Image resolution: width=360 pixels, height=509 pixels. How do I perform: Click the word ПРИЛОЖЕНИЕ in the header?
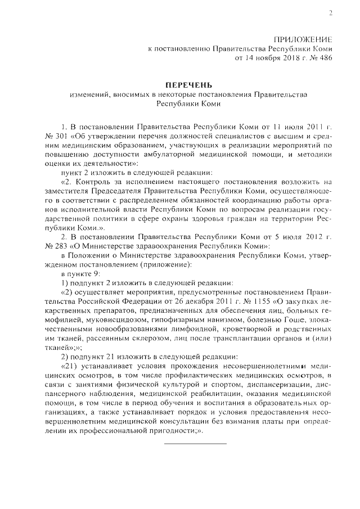(x=303, y=39)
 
